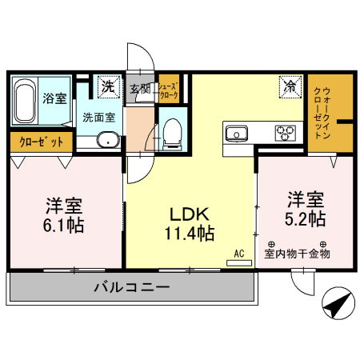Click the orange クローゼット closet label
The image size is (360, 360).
[41, 142]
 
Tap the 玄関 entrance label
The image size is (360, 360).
[141, 87]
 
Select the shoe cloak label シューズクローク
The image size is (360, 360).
[168, 90]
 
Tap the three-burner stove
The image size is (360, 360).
[285, 132]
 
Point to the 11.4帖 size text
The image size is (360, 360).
[189, 234]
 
